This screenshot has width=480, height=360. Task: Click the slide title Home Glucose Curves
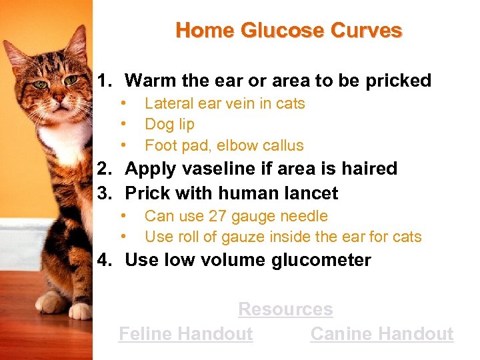pyautogui.click(x=289, y=31)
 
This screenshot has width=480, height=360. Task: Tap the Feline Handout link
pyautogui.click(x=185, y=334)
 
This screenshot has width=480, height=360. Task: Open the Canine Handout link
pyautogui.click(x=381, y=334)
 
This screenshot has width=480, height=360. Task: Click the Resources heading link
pyautogui.click(x=285, y=309)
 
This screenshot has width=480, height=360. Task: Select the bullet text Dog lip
pyautogui.click(x=169, y=125)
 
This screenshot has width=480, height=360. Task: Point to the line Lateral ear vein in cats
pyautogui.click(x=224, y=103)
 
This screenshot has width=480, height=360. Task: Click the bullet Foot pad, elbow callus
pyautogui.click(x=223, y=145)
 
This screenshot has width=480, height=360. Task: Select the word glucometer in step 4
pyautogui.click(x=321, y=260)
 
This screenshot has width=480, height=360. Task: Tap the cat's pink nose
pyautogui.click(x=58, y=99)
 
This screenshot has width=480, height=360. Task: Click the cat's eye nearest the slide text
pyautogui.click(x=70, y=81)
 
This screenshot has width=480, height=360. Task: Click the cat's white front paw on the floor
pyautogui.click(x=80, y=311)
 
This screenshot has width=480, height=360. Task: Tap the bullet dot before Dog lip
pyautogui.click(x=123, y=125)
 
